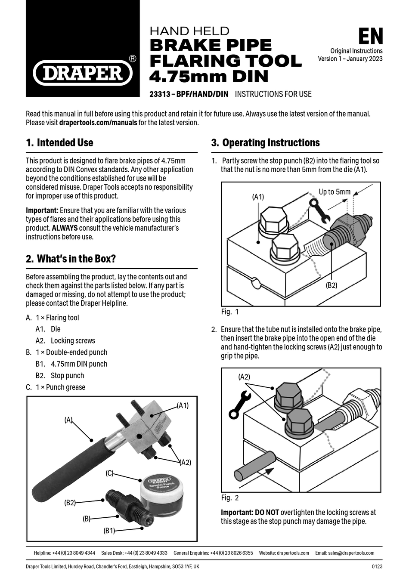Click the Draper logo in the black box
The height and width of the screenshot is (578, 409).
pyautogui.click(x=83, y=72)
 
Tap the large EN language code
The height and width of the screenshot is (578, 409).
pyautogui.click(x=370, y=37)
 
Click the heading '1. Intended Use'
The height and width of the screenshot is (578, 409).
pyautogui.click(x=59, y=143)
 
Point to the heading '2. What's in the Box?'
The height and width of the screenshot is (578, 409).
pyautogui.click(x=71, y=259)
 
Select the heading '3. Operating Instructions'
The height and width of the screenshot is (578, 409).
pyautogui.click(x=265, y=143)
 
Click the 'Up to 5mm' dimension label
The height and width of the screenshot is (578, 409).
pyautogui.click(x=334, y=192)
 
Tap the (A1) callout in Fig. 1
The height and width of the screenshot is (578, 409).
pyautogui.click(x=258, y=197)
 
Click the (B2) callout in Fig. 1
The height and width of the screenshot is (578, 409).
pyautogui.click(x=331, y=285)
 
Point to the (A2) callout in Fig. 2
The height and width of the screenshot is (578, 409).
pyautogui.click(x=244, y=377)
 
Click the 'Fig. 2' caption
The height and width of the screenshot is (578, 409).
pyautogui.click(x=229, y=498)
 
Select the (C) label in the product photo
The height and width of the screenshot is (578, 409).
pyautogui.click(x=109, y=473)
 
